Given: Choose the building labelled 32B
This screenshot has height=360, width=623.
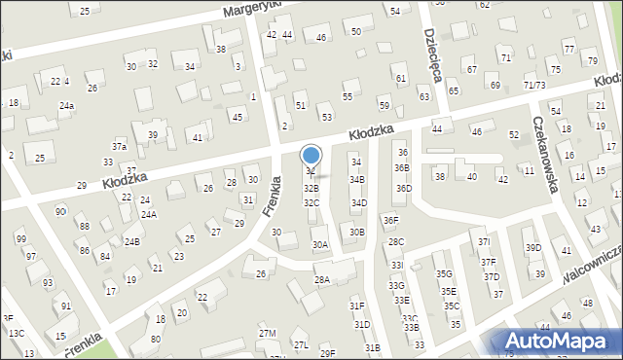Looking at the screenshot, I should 311,188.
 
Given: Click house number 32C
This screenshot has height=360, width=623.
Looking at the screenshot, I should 311,202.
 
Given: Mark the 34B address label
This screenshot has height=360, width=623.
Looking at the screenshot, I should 357,180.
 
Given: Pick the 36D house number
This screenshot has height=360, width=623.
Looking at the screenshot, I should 402,188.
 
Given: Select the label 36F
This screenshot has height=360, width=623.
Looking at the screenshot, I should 390,222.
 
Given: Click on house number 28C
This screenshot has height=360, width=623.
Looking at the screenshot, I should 395,241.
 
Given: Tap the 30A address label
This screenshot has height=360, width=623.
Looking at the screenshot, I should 319,245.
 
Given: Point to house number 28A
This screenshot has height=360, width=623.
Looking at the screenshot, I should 321,279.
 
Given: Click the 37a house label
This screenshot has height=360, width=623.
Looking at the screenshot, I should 119,146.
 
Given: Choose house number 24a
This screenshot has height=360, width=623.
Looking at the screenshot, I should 66,105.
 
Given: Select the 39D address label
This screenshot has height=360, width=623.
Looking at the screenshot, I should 533,248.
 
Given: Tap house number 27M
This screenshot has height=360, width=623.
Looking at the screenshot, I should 267,334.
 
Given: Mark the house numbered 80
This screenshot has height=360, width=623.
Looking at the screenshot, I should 156,340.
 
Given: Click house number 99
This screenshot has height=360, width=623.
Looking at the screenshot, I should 20,239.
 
